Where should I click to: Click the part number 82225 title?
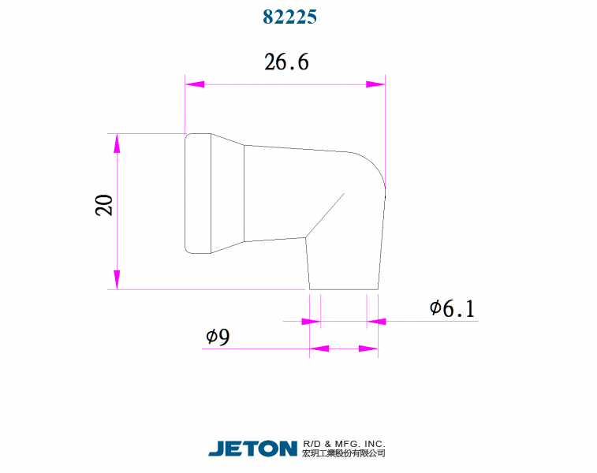click(289, 17)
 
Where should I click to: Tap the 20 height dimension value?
click(104, 205)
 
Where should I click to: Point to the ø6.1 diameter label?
click(452, 309)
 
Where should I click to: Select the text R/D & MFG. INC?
click(344, 444)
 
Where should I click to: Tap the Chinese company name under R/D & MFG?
click(344, 454)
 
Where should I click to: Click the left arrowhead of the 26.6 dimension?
click(194, 84)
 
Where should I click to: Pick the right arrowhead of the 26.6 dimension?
click(375, 84)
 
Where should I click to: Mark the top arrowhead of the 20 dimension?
click(117, 143)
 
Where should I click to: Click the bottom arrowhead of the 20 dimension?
click(117, 279)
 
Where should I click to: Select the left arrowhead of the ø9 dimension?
click(318, 348)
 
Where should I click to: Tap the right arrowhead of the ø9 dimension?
click(368, 348)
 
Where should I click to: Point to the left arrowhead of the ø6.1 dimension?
click(312, 321)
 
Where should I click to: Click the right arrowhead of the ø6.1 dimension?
click(376, 321)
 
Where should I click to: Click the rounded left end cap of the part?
click(198, 193)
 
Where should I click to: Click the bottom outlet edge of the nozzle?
click(344, 289)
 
